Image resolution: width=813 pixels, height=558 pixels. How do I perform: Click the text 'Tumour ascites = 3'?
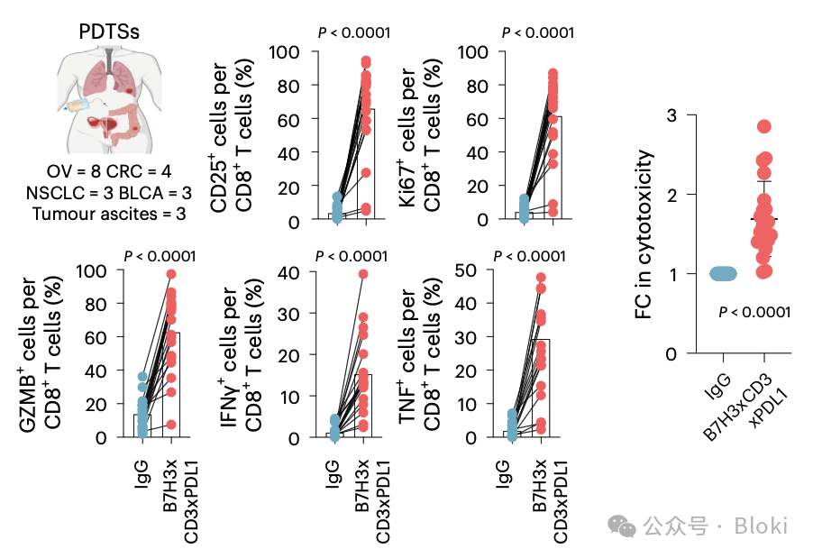(x=109, y=214)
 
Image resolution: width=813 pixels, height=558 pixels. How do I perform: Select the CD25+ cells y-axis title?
(x=231, y=135)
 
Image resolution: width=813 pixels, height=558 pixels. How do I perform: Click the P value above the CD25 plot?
(x=354, y=33)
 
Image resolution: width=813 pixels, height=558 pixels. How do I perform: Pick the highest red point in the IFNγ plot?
(x=363, y=274)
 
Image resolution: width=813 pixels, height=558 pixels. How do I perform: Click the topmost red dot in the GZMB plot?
(x=171, y=274)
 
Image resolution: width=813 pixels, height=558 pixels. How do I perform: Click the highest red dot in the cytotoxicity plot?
(x=764, y=127)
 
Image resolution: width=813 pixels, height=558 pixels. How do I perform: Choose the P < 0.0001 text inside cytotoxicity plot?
(x=754, y=313)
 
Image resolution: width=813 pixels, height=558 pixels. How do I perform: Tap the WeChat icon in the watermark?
(x=620, y=526)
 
